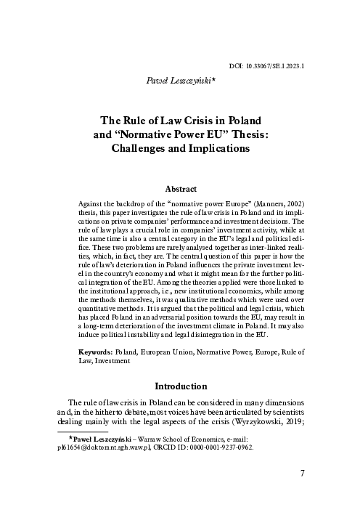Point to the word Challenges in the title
pyautogui.click(x=138, y=147)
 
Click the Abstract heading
pyautogui.click(x=180, y=187)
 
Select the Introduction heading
pyautogui.click(x=180, y=386)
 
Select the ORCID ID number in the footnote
pyautogui.click(x=218, y=447)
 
